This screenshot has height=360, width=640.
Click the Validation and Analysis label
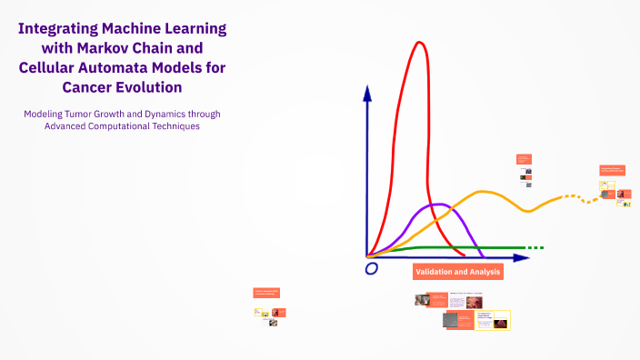(457, 272)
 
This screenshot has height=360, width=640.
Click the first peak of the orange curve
(484, 192)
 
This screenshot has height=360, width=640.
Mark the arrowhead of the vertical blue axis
(366, 92)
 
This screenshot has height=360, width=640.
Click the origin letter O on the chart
(371, 269)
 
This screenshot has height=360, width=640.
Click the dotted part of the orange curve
(575, 197)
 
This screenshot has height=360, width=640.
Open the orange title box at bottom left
(266, 293)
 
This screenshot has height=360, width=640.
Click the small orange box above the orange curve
(523, 159)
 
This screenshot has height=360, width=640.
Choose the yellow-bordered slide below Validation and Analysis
(493, 321)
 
